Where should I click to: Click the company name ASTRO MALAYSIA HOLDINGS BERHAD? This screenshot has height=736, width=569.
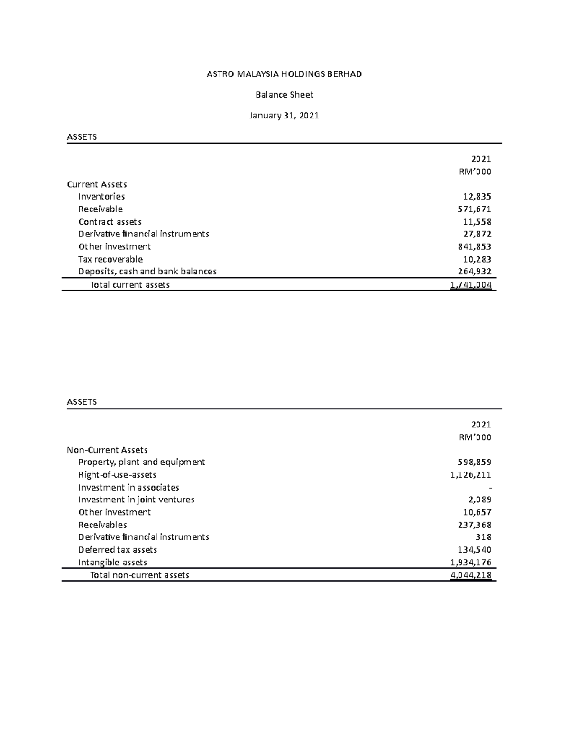click(x=284, y=74)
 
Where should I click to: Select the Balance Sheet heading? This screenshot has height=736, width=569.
click(x=284, y=95)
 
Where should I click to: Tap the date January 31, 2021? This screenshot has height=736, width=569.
click(x=284, y=116)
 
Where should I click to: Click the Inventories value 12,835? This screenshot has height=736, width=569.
click(x=477, y=197)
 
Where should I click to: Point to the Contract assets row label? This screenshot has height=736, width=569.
click(x=110, y=222)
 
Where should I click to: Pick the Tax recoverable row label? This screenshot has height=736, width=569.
click(x=110, y=259)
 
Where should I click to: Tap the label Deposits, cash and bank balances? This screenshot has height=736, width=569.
click(x=147, y=272)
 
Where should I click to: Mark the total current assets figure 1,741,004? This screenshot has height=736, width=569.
click(x=471, y=285)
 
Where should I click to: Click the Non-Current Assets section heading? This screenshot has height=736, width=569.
click(x=107, y=450)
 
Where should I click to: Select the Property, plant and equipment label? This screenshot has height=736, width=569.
click(x=141, y=462)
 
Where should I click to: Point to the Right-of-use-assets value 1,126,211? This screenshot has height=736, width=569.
click(x=471, y=475)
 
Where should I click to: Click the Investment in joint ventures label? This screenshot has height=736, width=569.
click(x=136, y=500)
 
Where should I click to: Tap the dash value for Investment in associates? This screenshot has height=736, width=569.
click(x=489, y=488)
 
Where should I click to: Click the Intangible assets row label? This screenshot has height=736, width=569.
click(x=112, y=563)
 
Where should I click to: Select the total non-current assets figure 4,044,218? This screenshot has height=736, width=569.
click(x=471, y=575)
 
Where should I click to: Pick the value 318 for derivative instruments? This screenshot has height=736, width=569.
click(x=483, y=537)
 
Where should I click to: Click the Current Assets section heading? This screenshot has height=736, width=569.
click(x=97, y=184)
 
